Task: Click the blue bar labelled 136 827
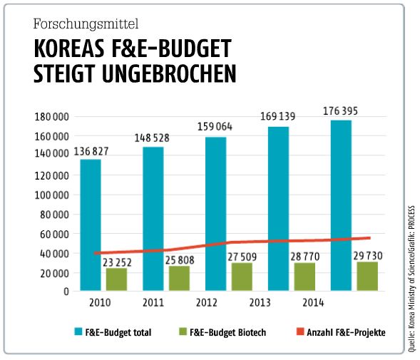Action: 90,225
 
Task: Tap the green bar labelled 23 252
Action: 116,279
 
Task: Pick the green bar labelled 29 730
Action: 367,277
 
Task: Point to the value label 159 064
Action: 214,128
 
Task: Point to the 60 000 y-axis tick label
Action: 54,234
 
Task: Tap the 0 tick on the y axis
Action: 66,292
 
